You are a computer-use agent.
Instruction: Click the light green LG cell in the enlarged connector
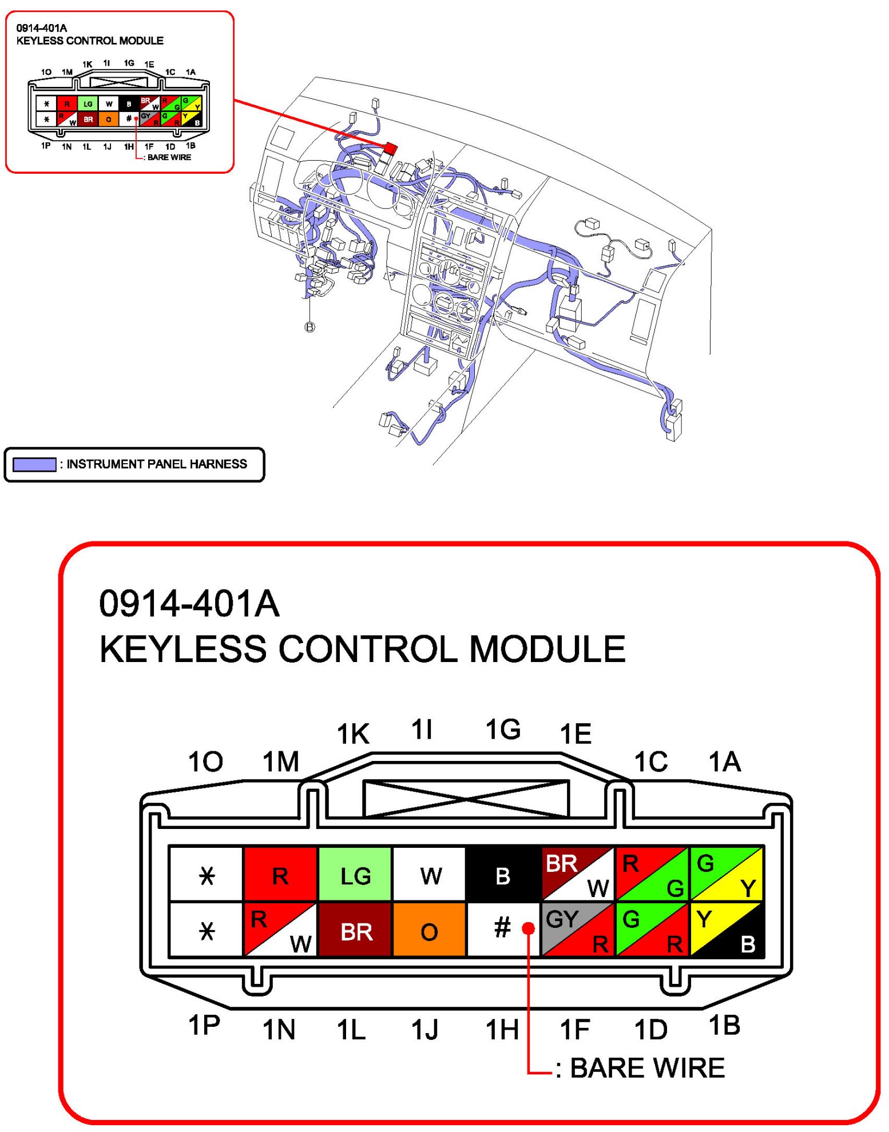click(355, 874)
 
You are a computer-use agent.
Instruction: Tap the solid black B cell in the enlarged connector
click(503, 874)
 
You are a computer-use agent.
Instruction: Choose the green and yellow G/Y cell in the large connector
click(727, 874)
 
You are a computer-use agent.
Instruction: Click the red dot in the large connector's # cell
click(529, 928)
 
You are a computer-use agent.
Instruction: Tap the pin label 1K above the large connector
click(353, 734)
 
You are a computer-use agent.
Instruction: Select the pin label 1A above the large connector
click(724, 762)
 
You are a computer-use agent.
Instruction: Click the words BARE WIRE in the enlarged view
click(647, 1068)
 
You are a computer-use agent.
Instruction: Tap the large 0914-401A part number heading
click(189, 604)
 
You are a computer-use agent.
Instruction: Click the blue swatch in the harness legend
click(34, 464)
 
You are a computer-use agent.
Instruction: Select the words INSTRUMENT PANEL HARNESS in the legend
click(157, 464)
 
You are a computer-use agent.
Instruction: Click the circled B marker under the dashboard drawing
click(309, 327)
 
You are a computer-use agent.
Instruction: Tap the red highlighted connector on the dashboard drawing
click(390, 149)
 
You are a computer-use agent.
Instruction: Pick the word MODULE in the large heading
click(547, 649)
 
